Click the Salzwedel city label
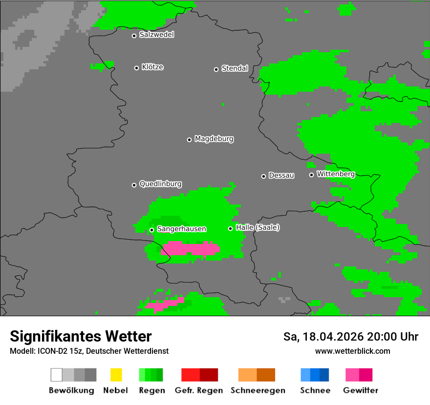pyautogui.click(x=156, y=35)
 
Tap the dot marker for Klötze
pyautogui.click(x=136, y=68)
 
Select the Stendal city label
pyautogui.click(x=235, y=68)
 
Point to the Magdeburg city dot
pyautogui.click(x=189, y=140)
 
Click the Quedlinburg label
pyautogui.click(x=160, y=184)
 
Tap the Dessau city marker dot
pyautogui.click(x=263, y=176)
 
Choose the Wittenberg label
pyautogui.click(x=336, y=174)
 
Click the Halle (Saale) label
pyautogui.click(x=258, y=227)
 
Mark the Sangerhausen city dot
pyautogui.click(x=151, y=230)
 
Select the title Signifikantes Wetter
pyautogui.click(x=81, y=336)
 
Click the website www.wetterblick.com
pyautogui.click(x=352, y=351)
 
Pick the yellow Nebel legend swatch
pyautogui.click(x=116, y=375)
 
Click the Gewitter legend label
pyautogui.click(x=361, y=390)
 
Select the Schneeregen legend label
pyautogui.click(x=258, y=390)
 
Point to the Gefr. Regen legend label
pyautogui.click(x=199, y=390)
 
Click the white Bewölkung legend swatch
pyautogui.click(x=56, y=375)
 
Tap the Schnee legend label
pyautogui.click(x=315, y=390)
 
